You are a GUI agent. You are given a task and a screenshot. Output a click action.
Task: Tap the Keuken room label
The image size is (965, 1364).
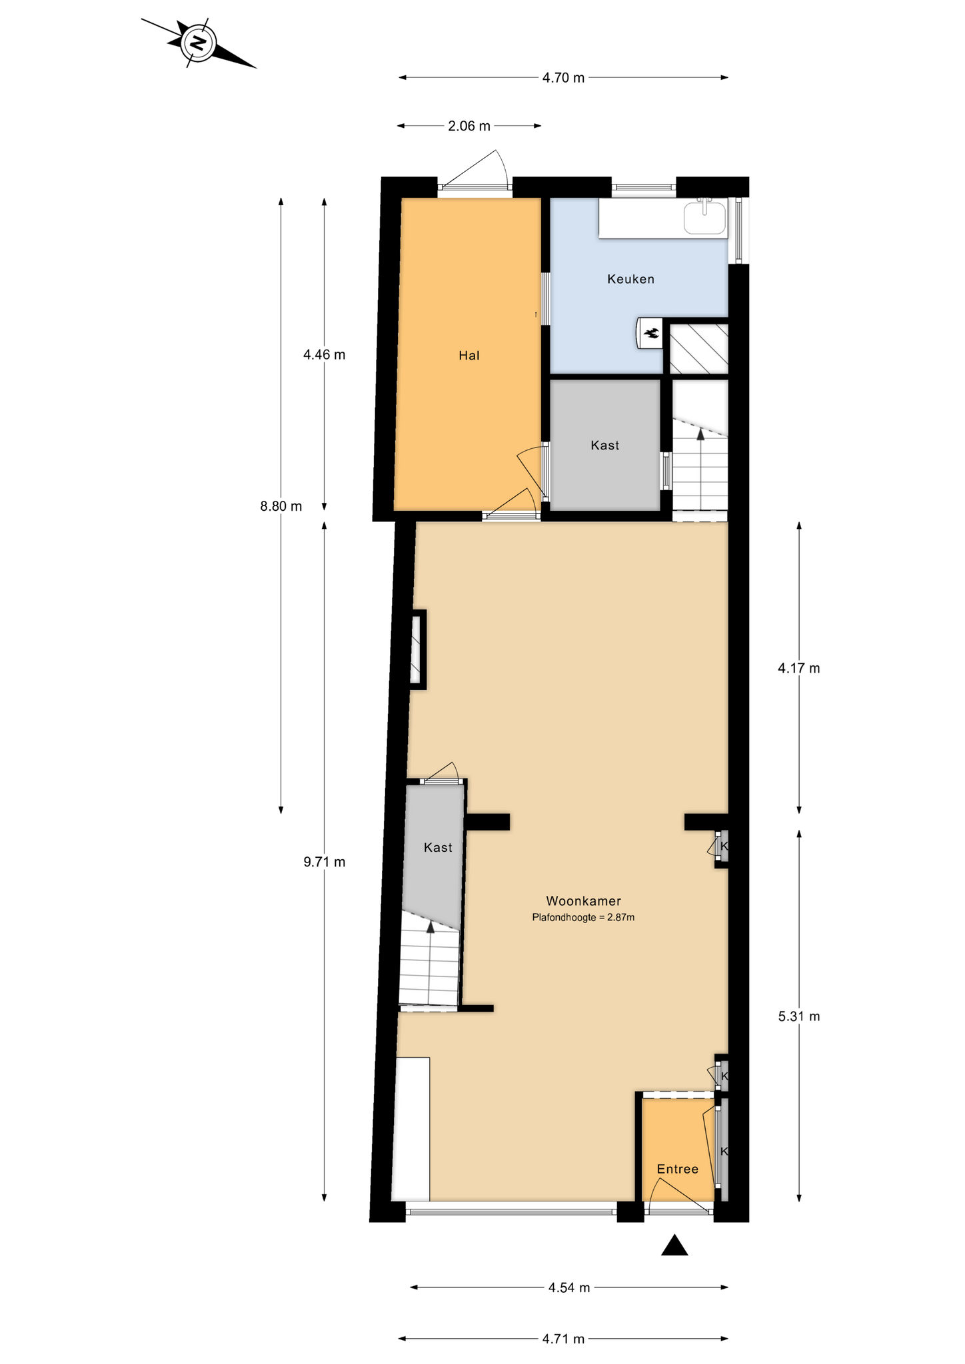[x=630, y=279]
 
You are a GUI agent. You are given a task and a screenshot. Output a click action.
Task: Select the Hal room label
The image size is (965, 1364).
[x=469, y=356]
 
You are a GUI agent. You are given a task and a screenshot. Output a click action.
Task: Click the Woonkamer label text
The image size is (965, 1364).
[x=584, y=901]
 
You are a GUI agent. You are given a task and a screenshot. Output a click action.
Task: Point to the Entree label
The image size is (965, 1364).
[x=678, y=1169]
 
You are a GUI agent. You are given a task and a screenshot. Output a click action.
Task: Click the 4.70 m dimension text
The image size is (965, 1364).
[x=563, y=78]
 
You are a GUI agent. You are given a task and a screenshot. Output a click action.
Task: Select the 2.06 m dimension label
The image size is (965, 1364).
[x=469, y=126]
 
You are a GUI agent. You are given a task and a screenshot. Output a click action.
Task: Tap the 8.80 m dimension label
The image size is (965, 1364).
[x=281, y=506]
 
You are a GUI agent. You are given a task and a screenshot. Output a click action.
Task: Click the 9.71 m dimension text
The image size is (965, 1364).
[x=325, y=862]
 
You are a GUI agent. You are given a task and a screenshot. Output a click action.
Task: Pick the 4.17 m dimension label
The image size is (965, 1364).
[x=799, y=668]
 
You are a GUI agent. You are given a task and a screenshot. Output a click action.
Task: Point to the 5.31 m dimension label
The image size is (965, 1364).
[x=799, y=1016]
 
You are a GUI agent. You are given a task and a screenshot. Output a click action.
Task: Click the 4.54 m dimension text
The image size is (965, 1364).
[x=569, y=1287]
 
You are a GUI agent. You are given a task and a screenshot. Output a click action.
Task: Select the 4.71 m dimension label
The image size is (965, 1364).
[x=563, y=1339]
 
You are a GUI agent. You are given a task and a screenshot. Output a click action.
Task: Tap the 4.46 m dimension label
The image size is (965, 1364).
[x=325, y=354]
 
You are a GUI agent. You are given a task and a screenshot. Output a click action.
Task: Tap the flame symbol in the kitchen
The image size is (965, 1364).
[x=651, y=332]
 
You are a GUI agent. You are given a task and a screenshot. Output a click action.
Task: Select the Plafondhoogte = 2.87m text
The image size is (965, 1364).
[x=583, y=918]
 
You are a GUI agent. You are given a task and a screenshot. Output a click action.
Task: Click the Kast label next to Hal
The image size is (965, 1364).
[x=605, y=446]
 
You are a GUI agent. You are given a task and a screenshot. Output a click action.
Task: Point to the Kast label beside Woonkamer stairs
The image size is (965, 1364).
[x=438, y=848]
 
